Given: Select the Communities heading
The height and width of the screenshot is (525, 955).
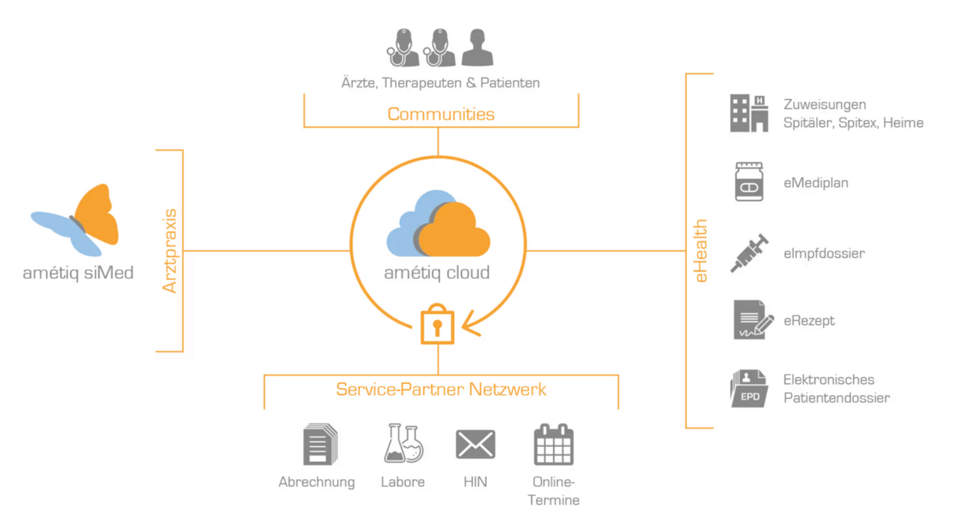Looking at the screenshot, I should (x=441, y=114).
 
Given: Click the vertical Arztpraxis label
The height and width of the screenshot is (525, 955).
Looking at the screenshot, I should (x=170, y=251).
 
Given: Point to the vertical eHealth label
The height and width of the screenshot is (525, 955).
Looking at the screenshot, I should (x=701, y=251).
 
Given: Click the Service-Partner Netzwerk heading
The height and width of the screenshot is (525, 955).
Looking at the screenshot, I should (x=441, y=389).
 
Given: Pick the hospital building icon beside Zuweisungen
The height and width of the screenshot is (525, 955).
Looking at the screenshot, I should (x=749, y=113).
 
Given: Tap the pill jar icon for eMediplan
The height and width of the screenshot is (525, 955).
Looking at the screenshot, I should (x=749, y=182).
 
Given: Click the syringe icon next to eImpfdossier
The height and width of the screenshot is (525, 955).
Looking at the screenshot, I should (x=749, y=253).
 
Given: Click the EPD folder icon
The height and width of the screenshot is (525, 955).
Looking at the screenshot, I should (x=749, y=388).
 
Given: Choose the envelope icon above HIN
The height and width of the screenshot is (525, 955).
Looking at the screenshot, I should (x=475, y=445).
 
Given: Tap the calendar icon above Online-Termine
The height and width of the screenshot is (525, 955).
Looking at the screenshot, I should (x=554, y=445).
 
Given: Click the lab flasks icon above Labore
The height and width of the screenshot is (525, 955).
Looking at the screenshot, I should (x=403, y=444).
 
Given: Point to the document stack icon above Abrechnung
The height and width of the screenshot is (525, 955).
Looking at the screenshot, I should (x=319, y=445).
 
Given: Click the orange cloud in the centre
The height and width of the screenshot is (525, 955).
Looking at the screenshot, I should (x=455, y=231).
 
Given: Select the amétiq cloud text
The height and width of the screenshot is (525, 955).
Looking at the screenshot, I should (x=437, y=273).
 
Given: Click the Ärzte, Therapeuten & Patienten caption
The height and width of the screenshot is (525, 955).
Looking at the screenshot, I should (x=441, y=82).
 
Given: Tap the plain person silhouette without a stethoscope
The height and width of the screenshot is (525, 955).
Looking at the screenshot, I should (x=477, y=48).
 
